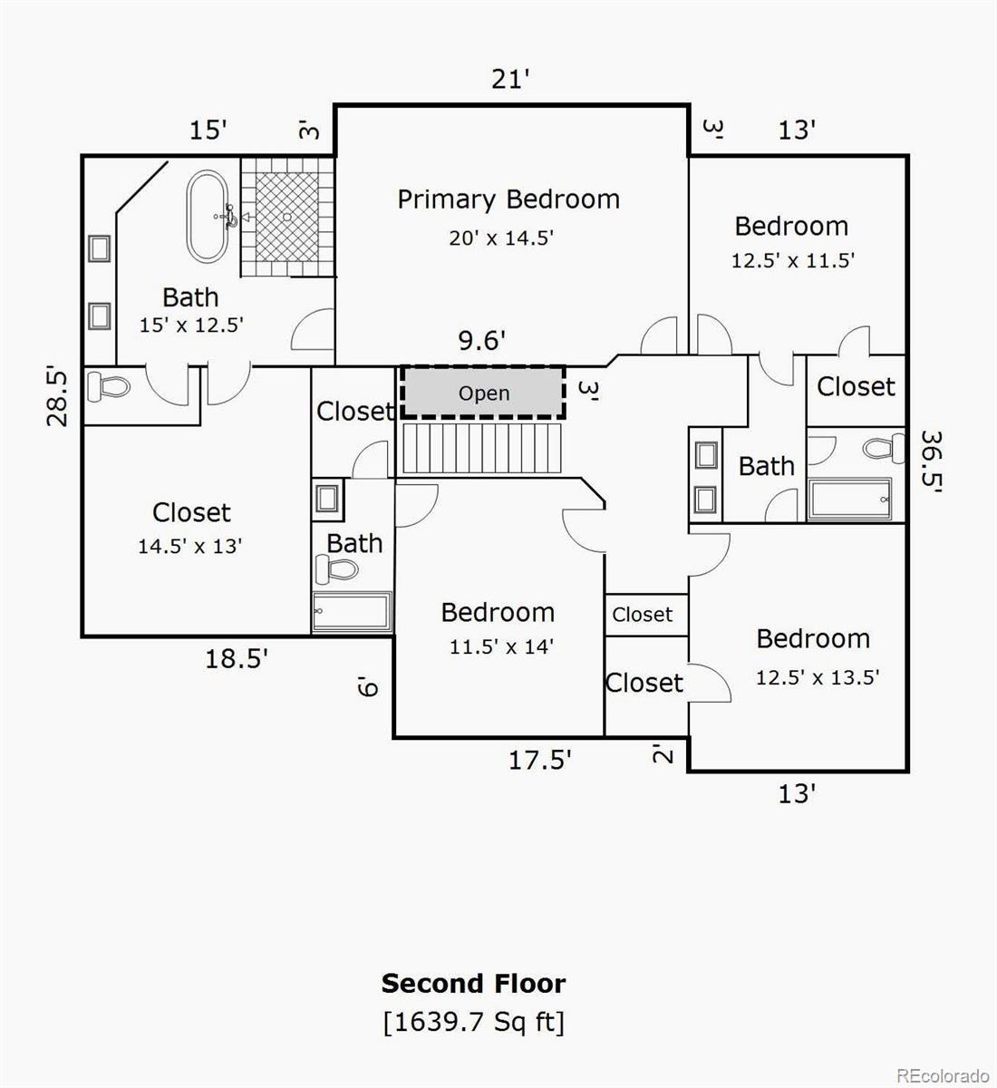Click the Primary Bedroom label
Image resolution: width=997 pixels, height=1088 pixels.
(508, 199)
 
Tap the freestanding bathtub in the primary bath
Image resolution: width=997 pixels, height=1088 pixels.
(208, 217)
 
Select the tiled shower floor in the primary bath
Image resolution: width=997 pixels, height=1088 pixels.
(287, 217)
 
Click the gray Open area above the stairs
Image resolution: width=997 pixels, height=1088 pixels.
(483, 393)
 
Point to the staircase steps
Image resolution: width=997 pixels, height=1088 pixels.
(482, 448)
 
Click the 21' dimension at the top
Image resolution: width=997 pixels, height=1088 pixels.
(510, 80)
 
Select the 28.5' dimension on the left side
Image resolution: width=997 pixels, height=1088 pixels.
(57, 396)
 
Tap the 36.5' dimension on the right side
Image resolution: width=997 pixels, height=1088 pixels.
(931, 461)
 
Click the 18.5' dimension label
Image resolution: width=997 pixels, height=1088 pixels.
(236, 658)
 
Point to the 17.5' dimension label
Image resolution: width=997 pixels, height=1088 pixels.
(539, 759)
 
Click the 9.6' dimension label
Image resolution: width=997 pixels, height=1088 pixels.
(481, 341)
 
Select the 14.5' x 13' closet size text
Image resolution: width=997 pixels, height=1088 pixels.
(190, 547)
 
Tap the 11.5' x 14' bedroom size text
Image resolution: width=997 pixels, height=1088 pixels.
(501, 646)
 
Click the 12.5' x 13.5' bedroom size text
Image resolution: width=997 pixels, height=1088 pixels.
(818, 677)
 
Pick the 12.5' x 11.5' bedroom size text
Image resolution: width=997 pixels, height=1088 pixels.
(793, 260)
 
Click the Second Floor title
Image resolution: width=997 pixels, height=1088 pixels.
(473, 984)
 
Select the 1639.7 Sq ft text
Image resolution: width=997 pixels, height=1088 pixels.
(473, 1023)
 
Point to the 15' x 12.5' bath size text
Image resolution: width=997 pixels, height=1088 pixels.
(191, 325)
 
